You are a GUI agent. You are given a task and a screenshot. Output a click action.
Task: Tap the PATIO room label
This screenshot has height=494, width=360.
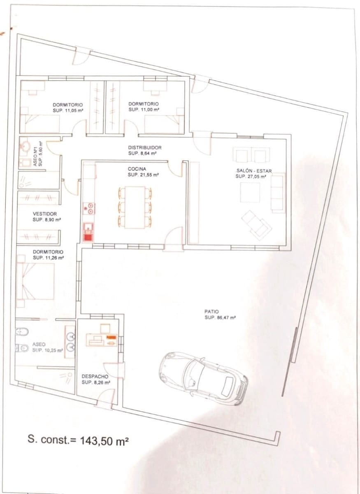[x=211, y=312]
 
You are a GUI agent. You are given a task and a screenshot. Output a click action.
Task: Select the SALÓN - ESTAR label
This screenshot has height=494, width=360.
[x=254, y=171]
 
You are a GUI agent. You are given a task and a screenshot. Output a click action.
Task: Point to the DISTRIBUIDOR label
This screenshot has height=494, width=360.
[x=144, y=147]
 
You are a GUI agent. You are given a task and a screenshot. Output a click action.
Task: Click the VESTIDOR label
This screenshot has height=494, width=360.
[x=45, y=214]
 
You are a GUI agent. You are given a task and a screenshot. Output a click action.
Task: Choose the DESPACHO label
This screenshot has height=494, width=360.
[x=95, y=376]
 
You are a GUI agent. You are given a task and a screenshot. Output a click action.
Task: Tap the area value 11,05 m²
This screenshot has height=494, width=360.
[x=68, y=110]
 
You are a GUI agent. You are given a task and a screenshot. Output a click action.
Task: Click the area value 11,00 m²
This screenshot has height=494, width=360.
[x=144, y=110]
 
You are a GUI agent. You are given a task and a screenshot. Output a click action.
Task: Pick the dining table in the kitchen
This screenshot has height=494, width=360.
[x=135, y=207]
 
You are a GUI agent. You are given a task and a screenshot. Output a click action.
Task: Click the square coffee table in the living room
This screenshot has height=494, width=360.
[x=250, y=192]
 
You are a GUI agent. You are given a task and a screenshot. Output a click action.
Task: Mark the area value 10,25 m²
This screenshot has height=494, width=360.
[x=48, y=350]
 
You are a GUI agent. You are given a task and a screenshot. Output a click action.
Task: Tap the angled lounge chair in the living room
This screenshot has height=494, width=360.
[x=256, y=224]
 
